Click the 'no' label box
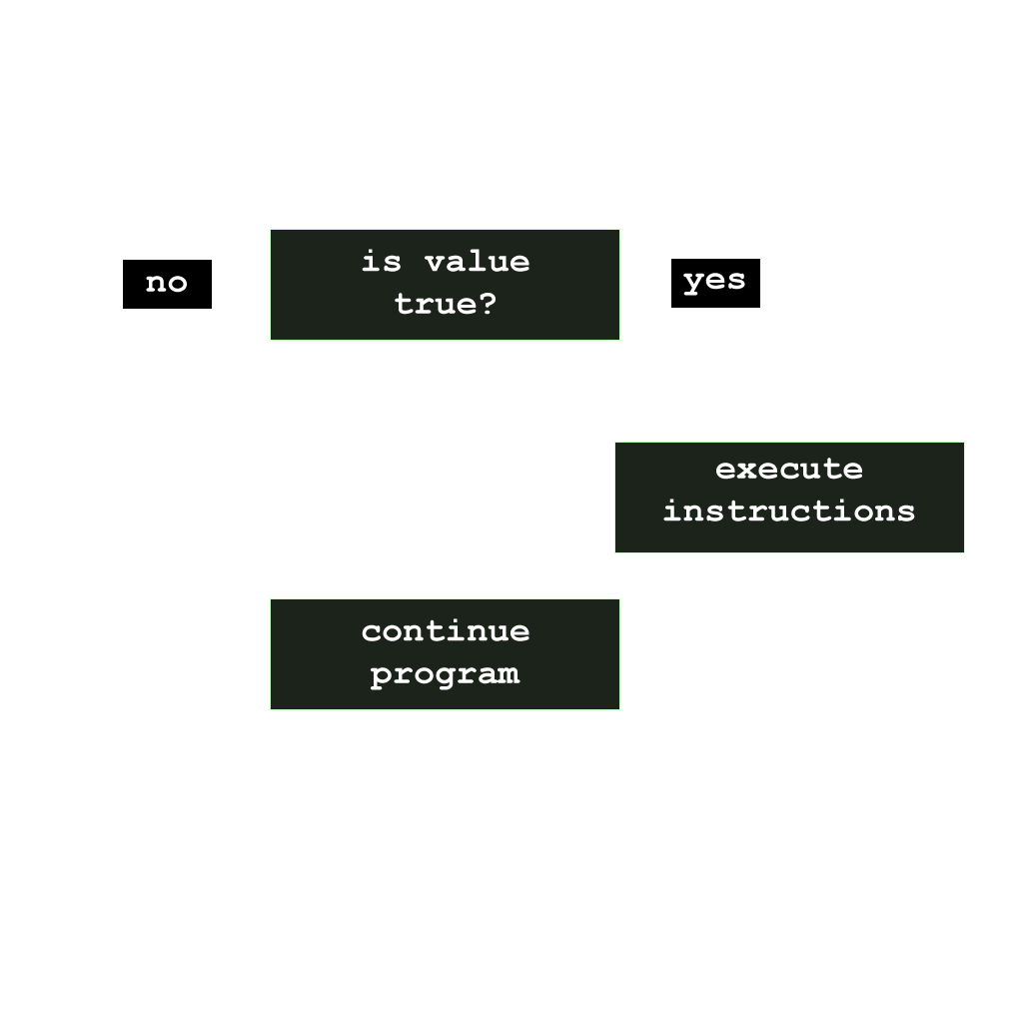(167, 284)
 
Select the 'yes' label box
(715, 283)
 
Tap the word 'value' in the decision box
(477, 263)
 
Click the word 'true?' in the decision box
(445, 305)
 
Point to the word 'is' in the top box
(382, 263)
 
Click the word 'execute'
(788, 470)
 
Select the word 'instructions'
(788, 511)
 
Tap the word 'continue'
(445, 631)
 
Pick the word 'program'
(445, 674)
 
